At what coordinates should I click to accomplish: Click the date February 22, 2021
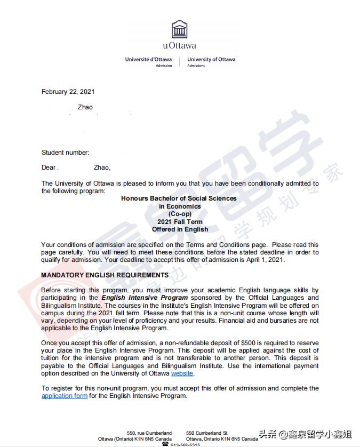click(68, 92)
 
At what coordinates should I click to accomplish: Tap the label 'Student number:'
click(66, 153)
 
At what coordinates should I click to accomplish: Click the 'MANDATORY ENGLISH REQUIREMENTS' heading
click(105, 275)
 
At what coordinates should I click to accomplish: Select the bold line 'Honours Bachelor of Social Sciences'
click(179, 198)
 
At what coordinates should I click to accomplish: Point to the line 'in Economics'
click(180, 206)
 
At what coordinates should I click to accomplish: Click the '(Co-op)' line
click(180, 214)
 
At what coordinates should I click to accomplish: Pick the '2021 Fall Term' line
click(180, 222)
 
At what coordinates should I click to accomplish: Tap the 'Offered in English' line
click(180, 229)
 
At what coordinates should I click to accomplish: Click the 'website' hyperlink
click(182, 373)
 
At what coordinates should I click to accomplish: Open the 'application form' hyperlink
click(65, 396)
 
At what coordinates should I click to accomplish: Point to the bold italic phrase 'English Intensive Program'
click(145, 298)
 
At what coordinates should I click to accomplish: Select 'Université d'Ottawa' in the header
click(148, 59)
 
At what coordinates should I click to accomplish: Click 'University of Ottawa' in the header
click(211, 59)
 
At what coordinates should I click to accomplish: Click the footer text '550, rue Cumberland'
click(149, 433)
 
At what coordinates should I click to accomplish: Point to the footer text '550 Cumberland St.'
click(207, 433)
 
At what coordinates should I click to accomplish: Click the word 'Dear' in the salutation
click(49, 167)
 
